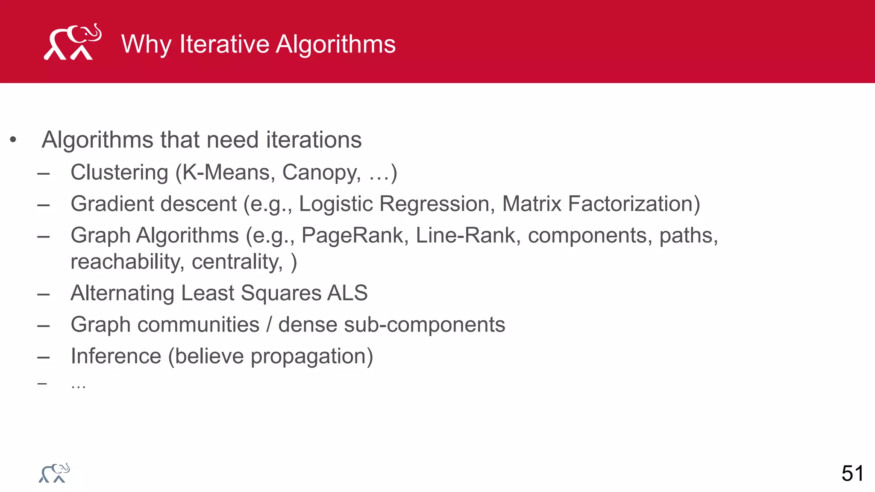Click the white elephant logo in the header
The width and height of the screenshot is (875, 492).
(x=73, y=42)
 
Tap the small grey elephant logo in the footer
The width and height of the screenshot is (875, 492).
(x=54, y=473)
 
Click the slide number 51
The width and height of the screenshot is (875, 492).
(x=852, y=474)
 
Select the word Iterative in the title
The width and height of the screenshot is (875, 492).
(x=224, y=44)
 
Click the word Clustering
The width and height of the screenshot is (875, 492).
(x=119, y=173)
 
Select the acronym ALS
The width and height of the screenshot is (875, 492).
(x=347, y=293)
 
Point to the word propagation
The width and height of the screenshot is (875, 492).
(x=311, y=356)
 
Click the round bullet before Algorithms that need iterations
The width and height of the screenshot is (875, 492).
(x=13, y=140)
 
